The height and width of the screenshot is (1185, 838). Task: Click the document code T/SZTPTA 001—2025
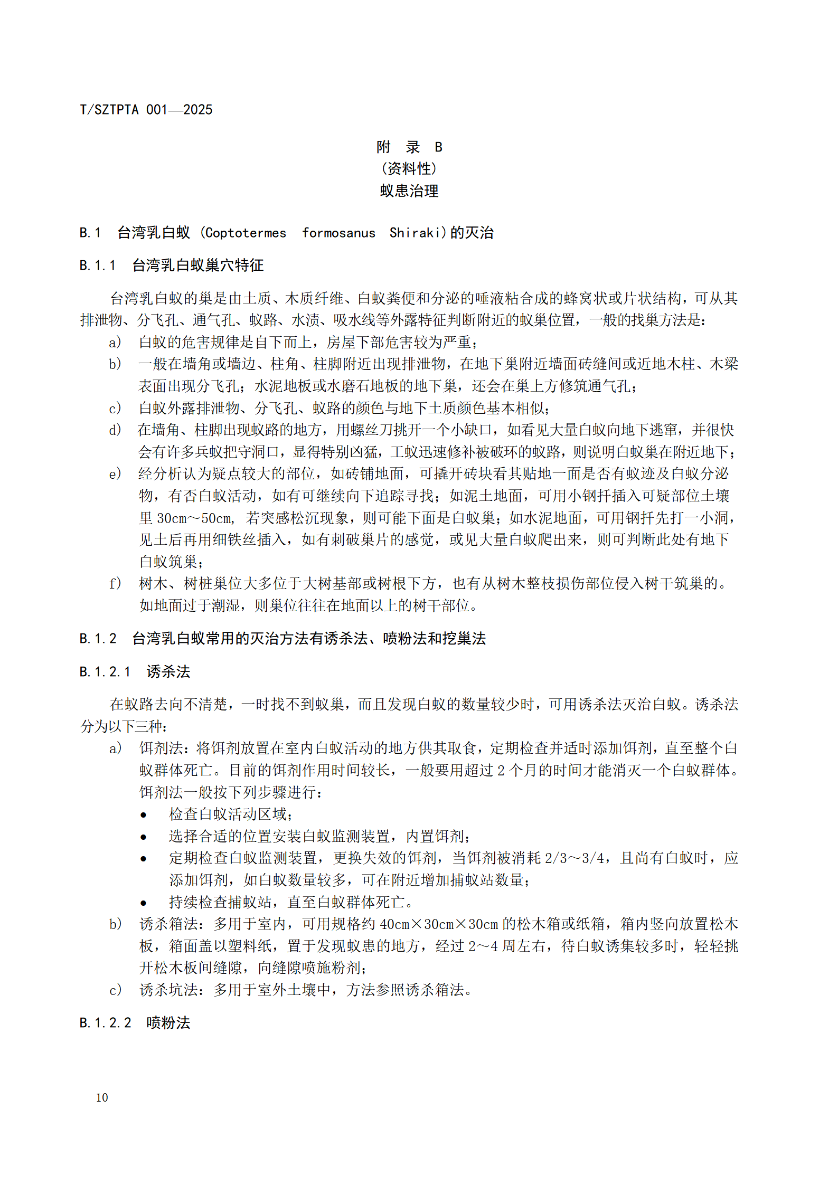click(146, 110)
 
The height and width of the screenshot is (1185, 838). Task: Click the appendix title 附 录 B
click(409, 147)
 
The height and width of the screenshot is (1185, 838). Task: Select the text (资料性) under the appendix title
click(409, 169)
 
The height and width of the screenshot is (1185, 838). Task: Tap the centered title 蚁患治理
click(409, 191)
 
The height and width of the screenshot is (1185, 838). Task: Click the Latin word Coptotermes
click(245, 233)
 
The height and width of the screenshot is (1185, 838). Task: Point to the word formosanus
click(338, 233)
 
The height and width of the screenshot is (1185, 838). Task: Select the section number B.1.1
click(97, 266)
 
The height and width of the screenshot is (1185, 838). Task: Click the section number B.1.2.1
click(105, 672)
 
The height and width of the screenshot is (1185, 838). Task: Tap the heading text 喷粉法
click(168, 1023)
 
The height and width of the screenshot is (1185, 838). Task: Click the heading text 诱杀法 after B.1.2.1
click(168, 672)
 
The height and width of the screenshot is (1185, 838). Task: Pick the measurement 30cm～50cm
click(195, 518)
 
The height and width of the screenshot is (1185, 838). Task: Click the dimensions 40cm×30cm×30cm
click(439, 924)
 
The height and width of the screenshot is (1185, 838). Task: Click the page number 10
click(102, 1097)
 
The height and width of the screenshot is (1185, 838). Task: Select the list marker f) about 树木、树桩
click(115, 584)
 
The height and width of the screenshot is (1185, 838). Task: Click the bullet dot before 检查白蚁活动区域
click(143, 815)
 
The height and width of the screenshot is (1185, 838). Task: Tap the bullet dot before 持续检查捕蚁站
click(143, 903)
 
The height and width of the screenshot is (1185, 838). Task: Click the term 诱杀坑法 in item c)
click(168, 990)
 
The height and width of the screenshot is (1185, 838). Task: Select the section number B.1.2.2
click(105, 1023)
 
